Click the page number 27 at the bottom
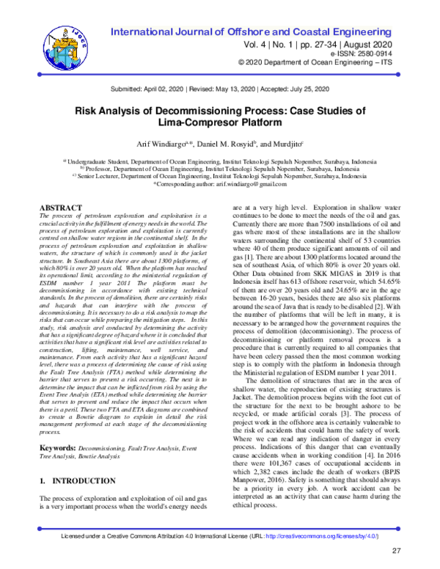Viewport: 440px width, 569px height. click(397, 551)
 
